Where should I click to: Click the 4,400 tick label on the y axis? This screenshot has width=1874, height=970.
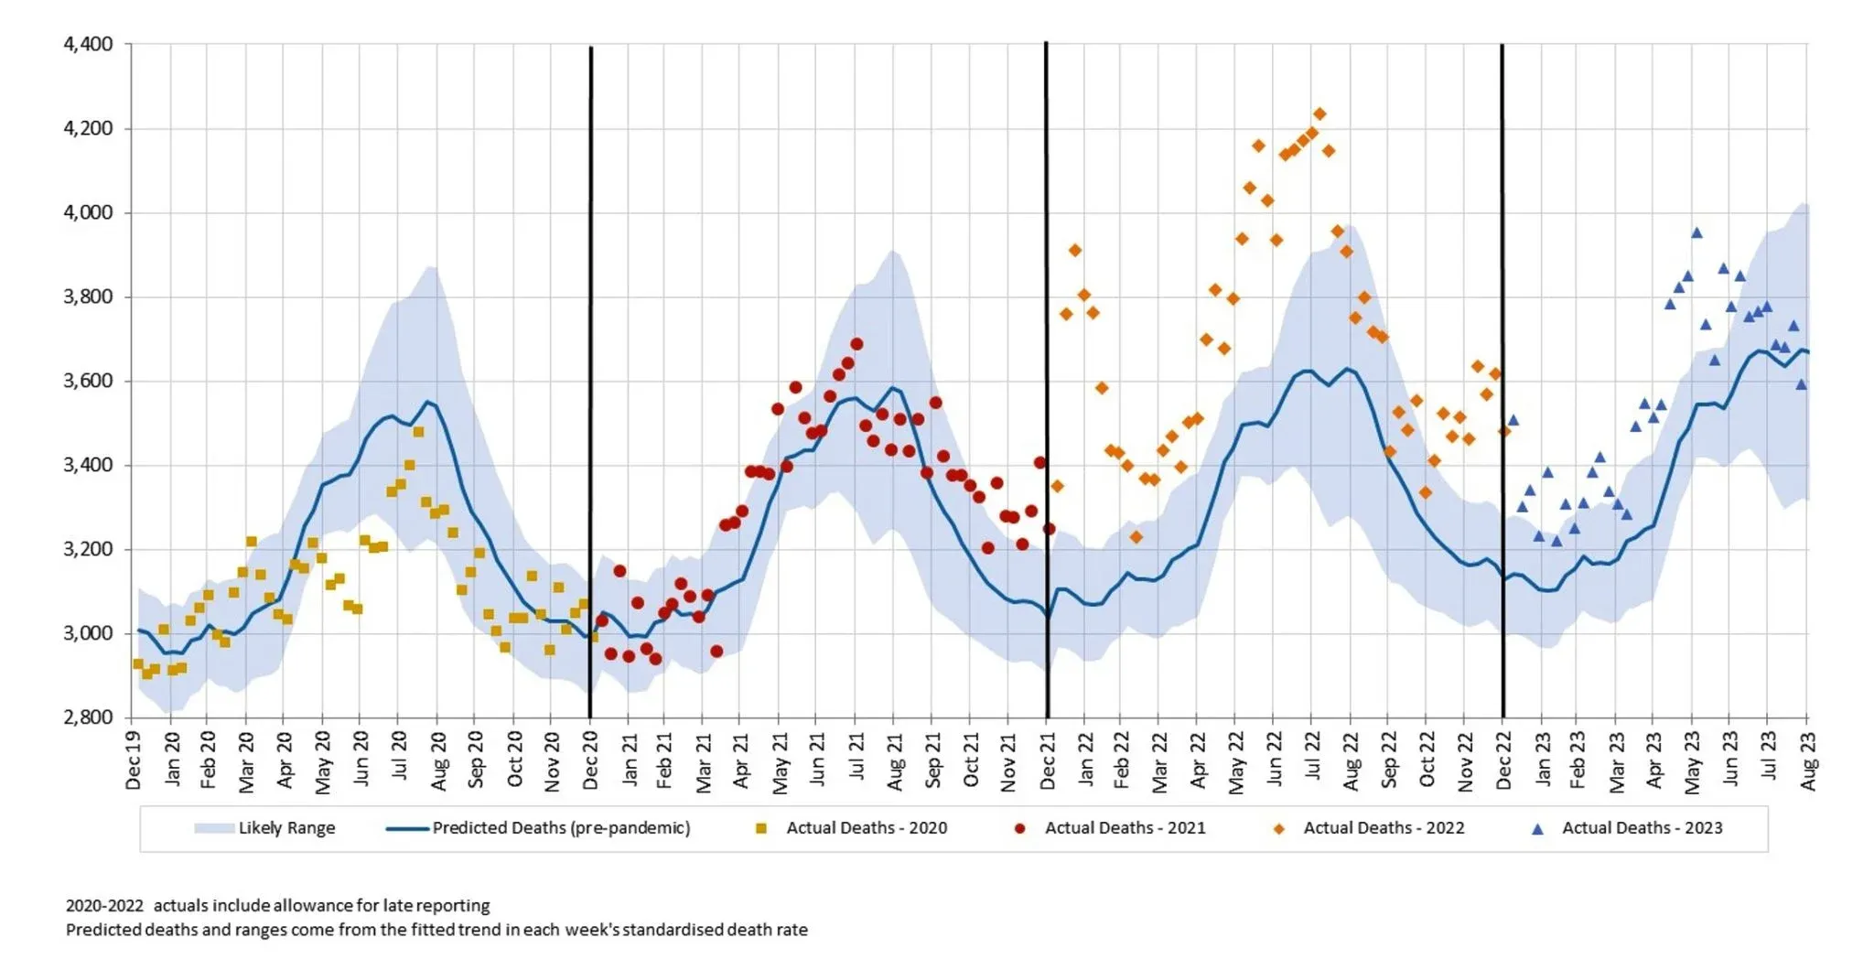(x=88, y=44)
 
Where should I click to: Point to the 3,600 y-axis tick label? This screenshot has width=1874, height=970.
(x=88, y=381)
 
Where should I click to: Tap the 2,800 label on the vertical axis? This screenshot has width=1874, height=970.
(x=88, y=717)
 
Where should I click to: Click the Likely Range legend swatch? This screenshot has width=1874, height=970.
(x=213, y=829)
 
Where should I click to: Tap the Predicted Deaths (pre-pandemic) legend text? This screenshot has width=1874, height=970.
(x=561, y=828)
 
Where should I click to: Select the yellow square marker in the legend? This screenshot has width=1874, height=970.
(x=760, y=829)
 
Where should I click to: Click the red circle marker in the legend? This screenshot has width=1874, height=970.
(x=1019, y=829)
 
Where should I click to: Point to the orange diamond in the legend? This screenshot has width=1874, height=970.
(x=1278, y=829)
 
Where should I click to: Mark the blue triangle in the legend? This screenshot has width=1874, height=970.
(x=1537, y=829)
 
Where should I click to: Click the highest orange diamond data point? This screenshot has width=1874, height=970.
(x=1319, y=114)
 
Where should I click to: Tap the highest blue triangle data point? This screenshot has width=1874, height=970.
(x=1696, y=233)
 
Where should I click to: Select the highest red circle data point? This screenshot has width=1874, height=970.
(x=856, y=344)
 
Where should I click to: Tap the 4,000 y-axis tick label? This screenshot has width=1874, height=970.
(x=88, y=212)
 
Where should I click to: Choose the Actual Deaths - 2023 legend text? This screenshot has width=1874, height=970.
(x=1642, y=828)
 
